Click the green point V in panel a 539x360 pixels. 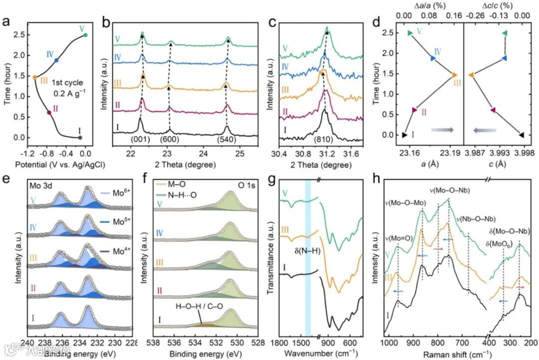[85, 35]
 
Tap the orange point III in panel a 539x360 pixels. [34, 77]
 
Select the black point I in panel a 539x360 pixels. [80, 138]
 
